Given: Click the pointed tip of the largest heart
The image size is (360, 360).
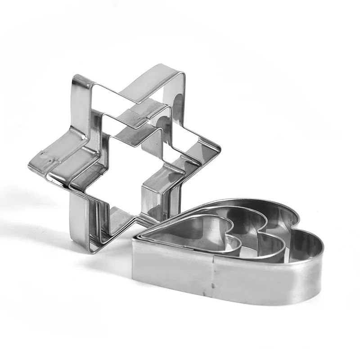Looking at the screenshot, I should [135, 241].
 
